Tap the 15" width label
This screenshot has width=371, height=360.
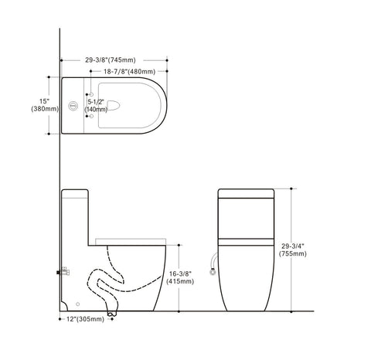(x=46, y=100)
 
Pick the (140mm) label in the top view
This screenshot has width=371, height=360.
(x=97, y=110)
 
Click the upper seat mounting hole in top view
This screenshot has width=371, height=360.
(x=90, y=94)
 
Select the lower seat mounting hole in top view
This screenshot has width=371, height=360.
(x=90, y=117)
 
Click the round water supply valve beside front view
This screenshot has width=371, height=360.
(x=213, y=271)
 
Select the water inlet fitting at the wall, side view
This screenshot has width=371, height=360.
(x=64, y=271)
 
